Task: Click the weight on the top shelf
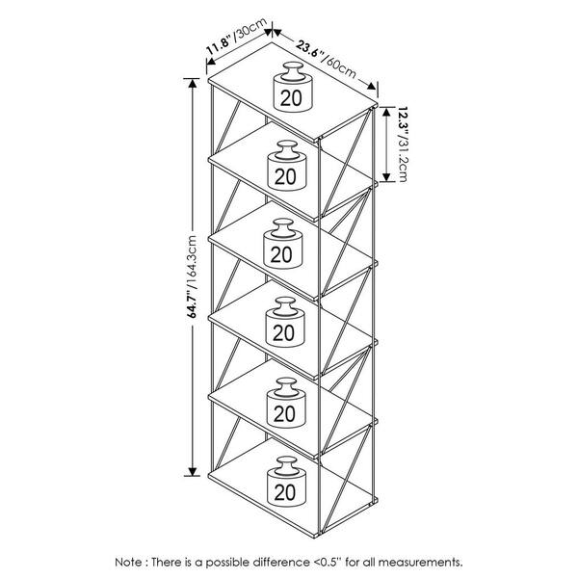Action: (293, 87)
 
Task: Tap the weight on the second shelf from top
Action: (287, 166)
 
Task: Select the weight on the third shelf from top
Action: (283, 244)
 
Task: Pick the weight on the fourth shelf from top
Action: (285, 322)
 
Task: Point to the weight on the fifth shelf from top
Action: (286, 403)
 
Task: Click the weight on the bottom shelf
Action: (286, 482)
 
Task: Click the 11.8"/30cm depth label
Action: (236, 37)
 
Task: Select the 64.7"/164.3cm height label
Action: (192, 276)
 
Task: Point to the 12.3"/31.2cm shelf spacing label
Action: (402, 144)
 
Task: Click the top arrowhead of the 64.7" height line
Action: (192, 84)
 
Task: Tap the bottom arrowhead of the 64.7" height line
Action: (192, 471)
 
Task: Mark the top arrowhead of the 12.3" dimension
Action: (386, 112)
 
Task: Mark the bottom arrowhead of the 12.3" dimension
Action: (386, 177)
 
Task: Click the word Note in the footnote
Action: (128, 563)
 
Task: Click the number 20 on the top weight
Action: (291, 98)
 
